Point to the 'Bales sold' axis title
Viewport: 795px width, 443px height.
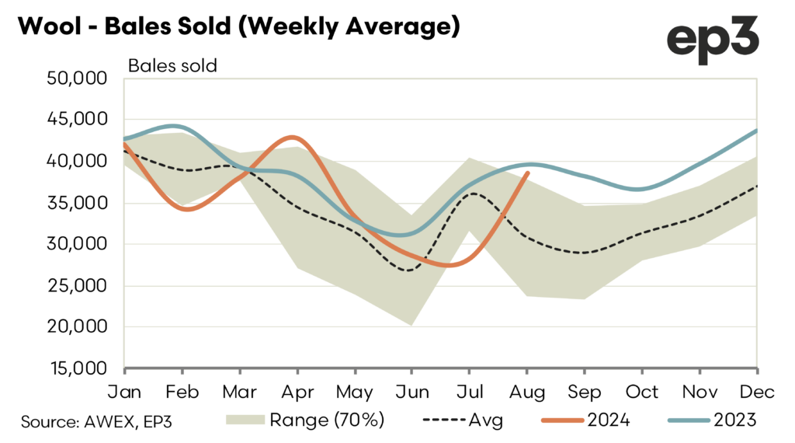172,65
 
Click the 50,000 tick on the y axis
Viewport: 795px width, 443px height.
78,78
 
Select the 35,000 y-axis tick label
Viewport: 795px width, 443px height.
78,204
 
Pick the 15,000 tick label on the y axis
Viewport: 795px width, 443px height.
78,369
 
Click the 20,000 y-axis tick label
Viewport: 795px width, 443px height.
78,327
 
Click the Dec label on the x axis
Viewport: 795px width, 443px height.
757,390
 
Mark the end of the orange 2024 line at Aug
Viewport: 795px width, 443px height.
528,173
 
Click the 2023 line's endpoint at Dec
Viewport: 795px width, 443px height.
757,131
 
